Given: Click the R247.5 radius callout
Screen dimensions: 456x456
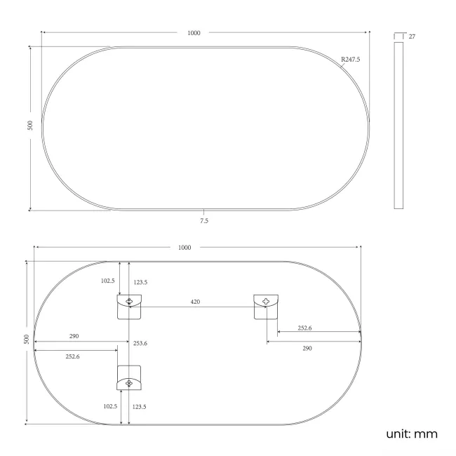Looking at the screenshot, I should (x=350, y=60).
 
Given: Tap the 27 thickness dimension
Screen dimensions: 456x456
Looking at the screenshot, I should (x=412, y=36).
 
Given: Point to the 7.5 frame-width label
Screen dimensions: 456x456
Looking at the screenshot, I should (x=204, y=220).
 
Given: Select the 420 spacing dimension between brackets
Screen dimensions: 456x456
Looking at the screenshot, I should (x=196, y=302).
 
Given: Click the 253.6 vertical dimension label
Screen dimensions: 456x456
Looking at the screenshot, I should (x=140, y=343).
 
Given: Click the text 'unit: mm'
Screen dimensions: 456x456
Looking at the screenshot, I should (x=411, y=434).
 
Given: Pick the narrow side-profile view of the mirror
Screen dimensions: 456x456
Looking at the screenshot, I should (x=399, y=125).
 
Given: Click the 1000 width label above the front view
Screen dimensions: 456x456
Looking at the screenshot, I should (x=194, y=32).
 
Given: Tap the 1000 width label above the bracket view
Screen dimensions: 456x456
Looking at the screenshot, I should (x=185, y=248).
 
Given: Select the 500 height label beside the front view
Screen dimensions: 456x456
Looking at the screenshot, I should (x=30, y=125).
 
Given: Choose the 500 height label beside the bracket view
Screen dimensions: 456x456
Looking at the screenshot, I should (x=27, y=339).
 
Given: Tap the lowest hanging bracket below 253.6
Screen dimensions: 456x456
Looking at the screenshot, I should (x=129, y=379).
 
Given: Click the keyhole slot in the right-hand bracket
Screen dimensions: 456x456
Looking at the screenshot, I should (x=266, y=302).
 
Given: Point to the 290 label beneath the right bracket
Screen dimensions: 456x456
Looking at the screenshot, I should (x=307, y=348).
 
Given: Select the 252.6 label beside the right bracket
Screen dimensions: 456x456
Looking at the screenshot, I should (x=305, y=328).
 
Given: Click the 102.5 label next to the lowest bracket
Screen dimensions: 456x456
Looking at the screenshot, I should (x=109, y=405).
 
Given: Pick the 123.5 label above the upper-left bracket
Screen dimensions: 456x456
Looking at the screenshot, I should (x=140, y=282).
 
